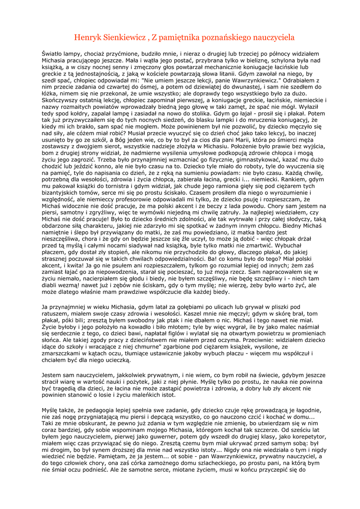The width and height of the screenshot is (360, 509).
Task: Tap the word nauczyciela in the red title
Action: (269, 37)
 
